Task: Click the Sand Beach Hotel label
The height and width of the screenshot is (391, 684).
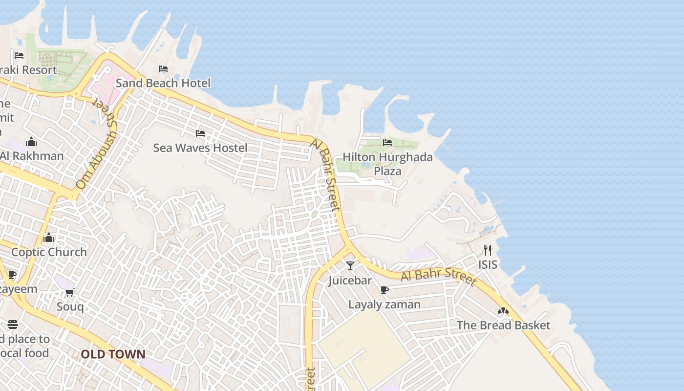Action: pos(163,83)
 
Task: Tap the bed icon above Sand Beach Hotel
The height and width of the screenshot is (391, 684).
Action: pos(163,69)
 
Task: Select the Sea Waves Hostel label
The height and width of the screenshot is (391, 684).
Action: pos(200,148)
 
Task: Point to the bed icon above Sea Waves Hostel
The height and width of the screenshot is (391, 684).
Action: pos(200,133)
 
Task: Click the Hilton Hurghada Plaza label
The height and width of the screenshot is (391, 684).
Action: pos(387,164)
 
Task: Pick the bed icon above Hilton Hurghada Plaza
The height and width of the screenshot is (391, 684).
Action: pos(387,142)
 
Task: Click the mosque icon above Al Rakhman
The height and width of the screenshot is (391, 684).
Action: pos(32,142)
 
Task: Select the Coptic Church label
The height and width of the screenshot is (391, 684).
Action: pos(49,252)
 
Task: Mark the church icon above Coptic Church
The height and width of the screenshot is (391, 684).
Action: pos(49,238)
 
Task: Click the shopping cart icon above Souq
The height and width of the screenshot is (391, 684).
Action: pos(69,292)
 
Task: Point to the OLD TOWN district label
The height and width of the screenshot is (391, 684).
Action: pos(113,354)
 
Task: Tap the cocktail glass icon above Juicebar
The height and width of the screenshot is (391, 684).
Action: pos(350,266)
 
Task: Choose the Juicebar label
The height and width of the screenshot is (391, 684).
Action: pos(350,281)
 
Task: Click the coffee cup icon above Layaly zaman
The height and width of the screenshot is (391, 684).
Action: pos(385,290)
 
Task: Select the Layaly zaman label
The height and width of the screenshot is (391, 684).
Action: pos(384,304)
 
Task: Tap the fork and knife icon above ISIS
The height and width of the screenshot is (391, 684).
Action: pos(488,250)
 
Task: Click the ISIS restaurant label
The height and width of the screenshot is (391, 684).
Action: pos(488,264)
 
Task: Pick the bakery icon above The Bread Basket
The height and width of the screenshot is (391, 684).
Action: pos(503,311)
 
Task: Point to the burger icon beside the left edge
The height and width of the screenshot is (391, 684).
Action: pos(13,325)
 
